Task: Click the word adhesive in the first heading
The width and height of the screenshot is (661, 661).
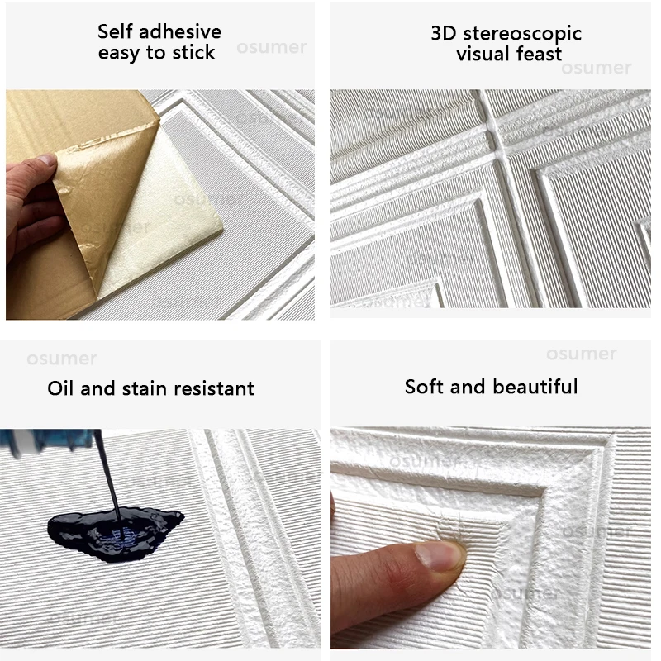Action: point(180,31)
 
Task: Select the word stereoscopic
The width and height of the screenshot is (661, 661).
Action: point(522,34)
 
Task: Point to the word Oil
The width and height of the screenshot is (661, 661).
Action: point(60,388)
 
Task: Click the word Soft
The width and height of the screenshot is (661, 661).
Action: point(424,387)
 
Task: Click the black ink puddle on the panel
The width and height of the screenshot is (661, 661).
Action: point(114,533)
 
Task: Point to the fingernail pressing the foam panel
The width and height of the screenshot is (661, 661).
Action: point(440,555)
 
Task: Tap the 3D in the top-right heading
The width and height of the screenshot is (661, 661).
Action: point(444,33)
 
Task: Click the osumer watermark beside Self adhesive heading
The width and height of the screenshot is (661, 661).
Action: point(272,47)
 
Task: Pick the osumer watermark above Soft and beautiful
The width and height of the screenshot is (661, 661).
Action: point(582,354)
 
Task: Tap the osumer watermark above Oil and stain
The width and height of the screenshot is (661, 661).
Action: point(62,359)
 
